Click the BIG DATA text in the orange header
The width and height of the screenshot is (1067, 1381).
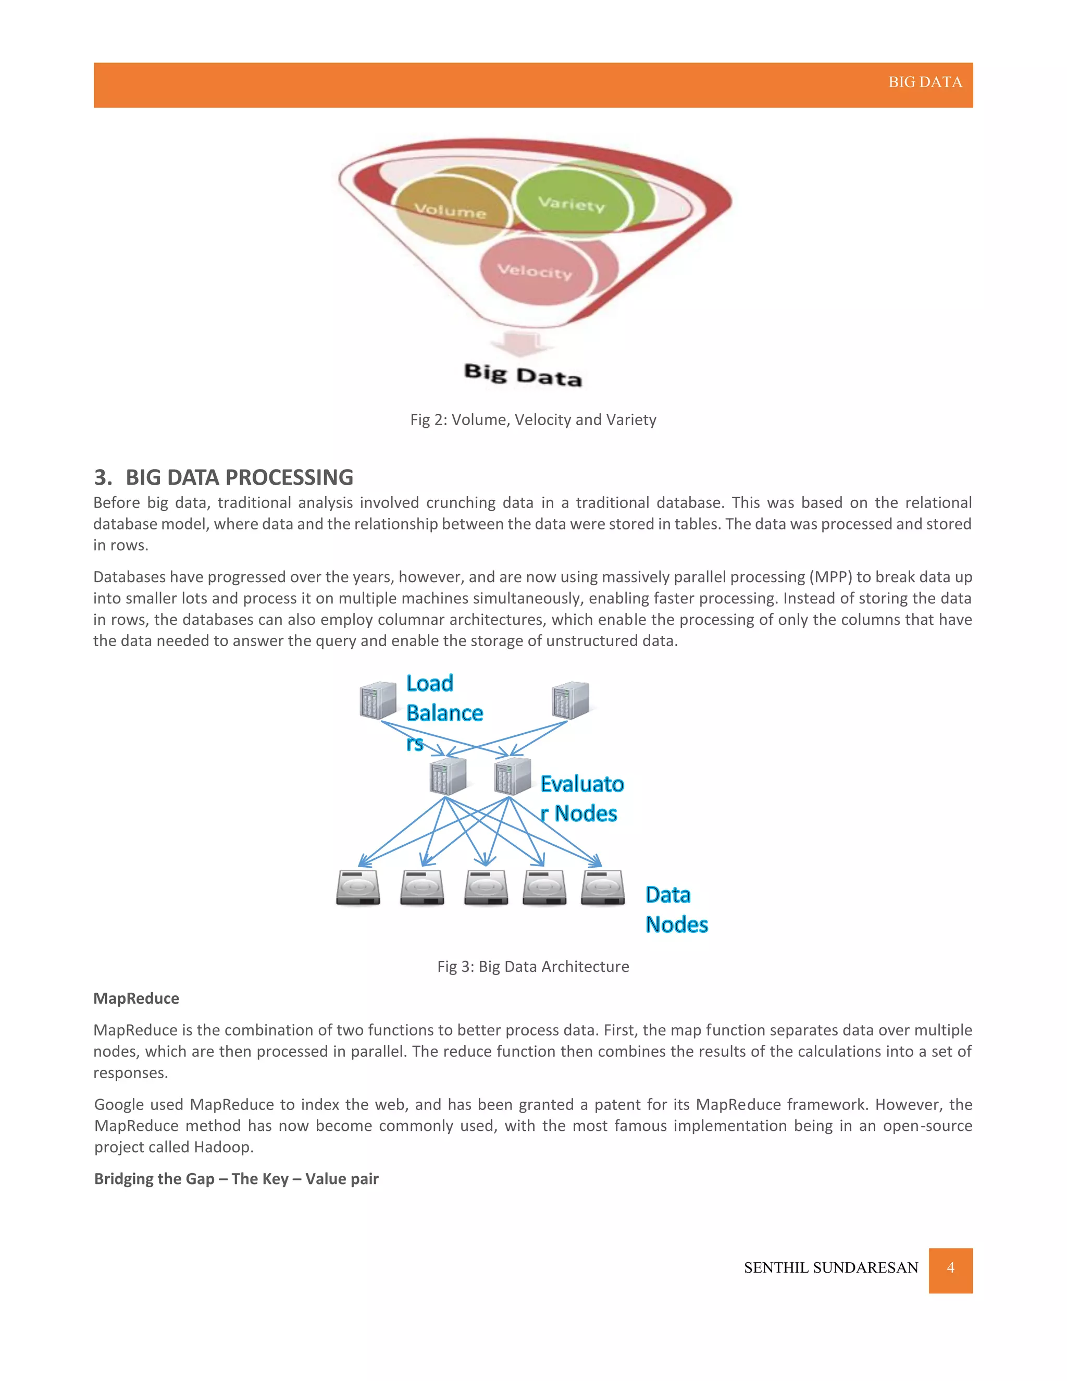pyautogui.click(x=925, y=82)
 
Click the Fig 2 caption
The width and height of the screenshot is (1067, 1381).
pyautogui.click(x=533, y=420)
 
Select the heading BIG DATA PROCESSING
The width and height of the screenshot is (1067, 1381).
pyautogui.click(x=239, y=477)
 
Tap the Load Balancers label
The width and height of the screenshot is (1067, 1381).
pyautogui.click(x=444, y=712)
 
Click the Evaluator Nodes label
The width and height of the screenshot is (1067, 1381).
pyautogui.click(x=581, y=798)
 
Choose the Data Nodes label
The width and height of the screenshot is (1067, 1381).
pyautogui.click(x=676, y=909)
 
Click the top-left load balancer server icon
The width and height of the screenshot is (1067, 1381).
pyautogui.click(x=378, y=700)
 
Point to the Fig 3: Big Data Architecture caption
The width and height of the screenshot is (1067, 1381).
pyautogui.click(x=533, y=966)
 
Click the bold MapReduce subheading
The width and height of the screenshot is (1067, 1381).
pyautogui.click(x=137, y=998)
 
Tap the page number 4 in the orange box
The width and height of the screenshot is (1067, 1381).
pyautogui.click(x=950, y=1267)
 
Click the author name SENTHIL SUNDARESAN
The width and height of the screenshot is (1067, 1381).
pyautogui.click(x=830, y=1268)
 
